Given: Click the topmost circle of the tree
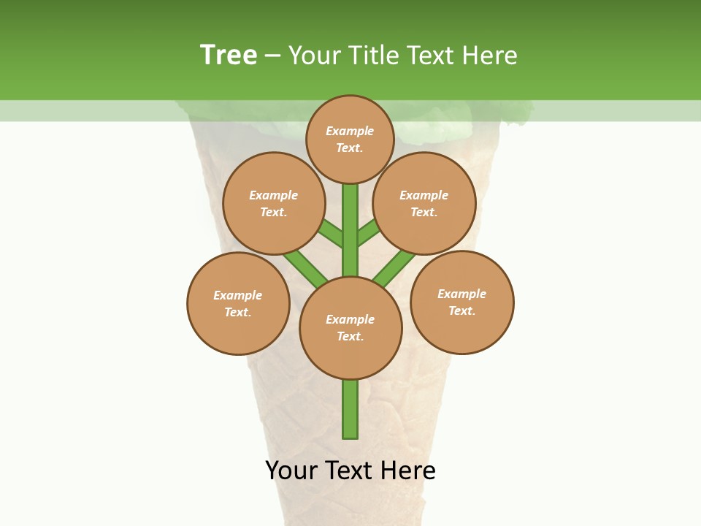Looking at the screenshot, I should click(350, 139).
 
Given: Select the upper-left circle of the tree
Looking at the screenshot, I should click(274, 203).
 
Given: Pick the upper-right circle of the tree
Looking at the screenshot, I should click(424, 203).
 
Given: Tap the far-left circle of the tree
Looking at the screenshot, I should click(238, 303).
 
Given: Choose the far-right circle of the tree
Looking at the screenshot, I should click(462, 302).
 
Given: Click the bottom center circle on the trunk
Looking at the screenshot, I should click(350, 328).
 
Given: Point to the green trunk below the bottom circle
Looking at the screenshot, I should click(350, 409).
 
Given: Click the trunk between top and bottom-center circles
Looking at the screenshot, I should click(350, 230).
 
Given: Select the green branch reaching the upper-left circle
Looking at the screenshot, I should click(331, 234).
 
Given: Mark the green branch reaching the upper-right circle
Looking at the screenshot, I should click(369, 232).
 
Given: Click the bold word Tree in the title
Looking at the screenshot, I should click(229, 55).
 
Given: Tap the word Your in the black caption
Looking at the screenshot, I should click(291, 470).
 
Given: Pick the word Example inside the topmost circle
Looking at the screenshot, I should click(350, 131).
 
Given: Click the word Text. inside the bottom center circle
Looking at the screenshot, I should click(350, 336).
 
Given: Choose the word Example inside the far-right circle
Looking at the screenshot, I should click(462, 294).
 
